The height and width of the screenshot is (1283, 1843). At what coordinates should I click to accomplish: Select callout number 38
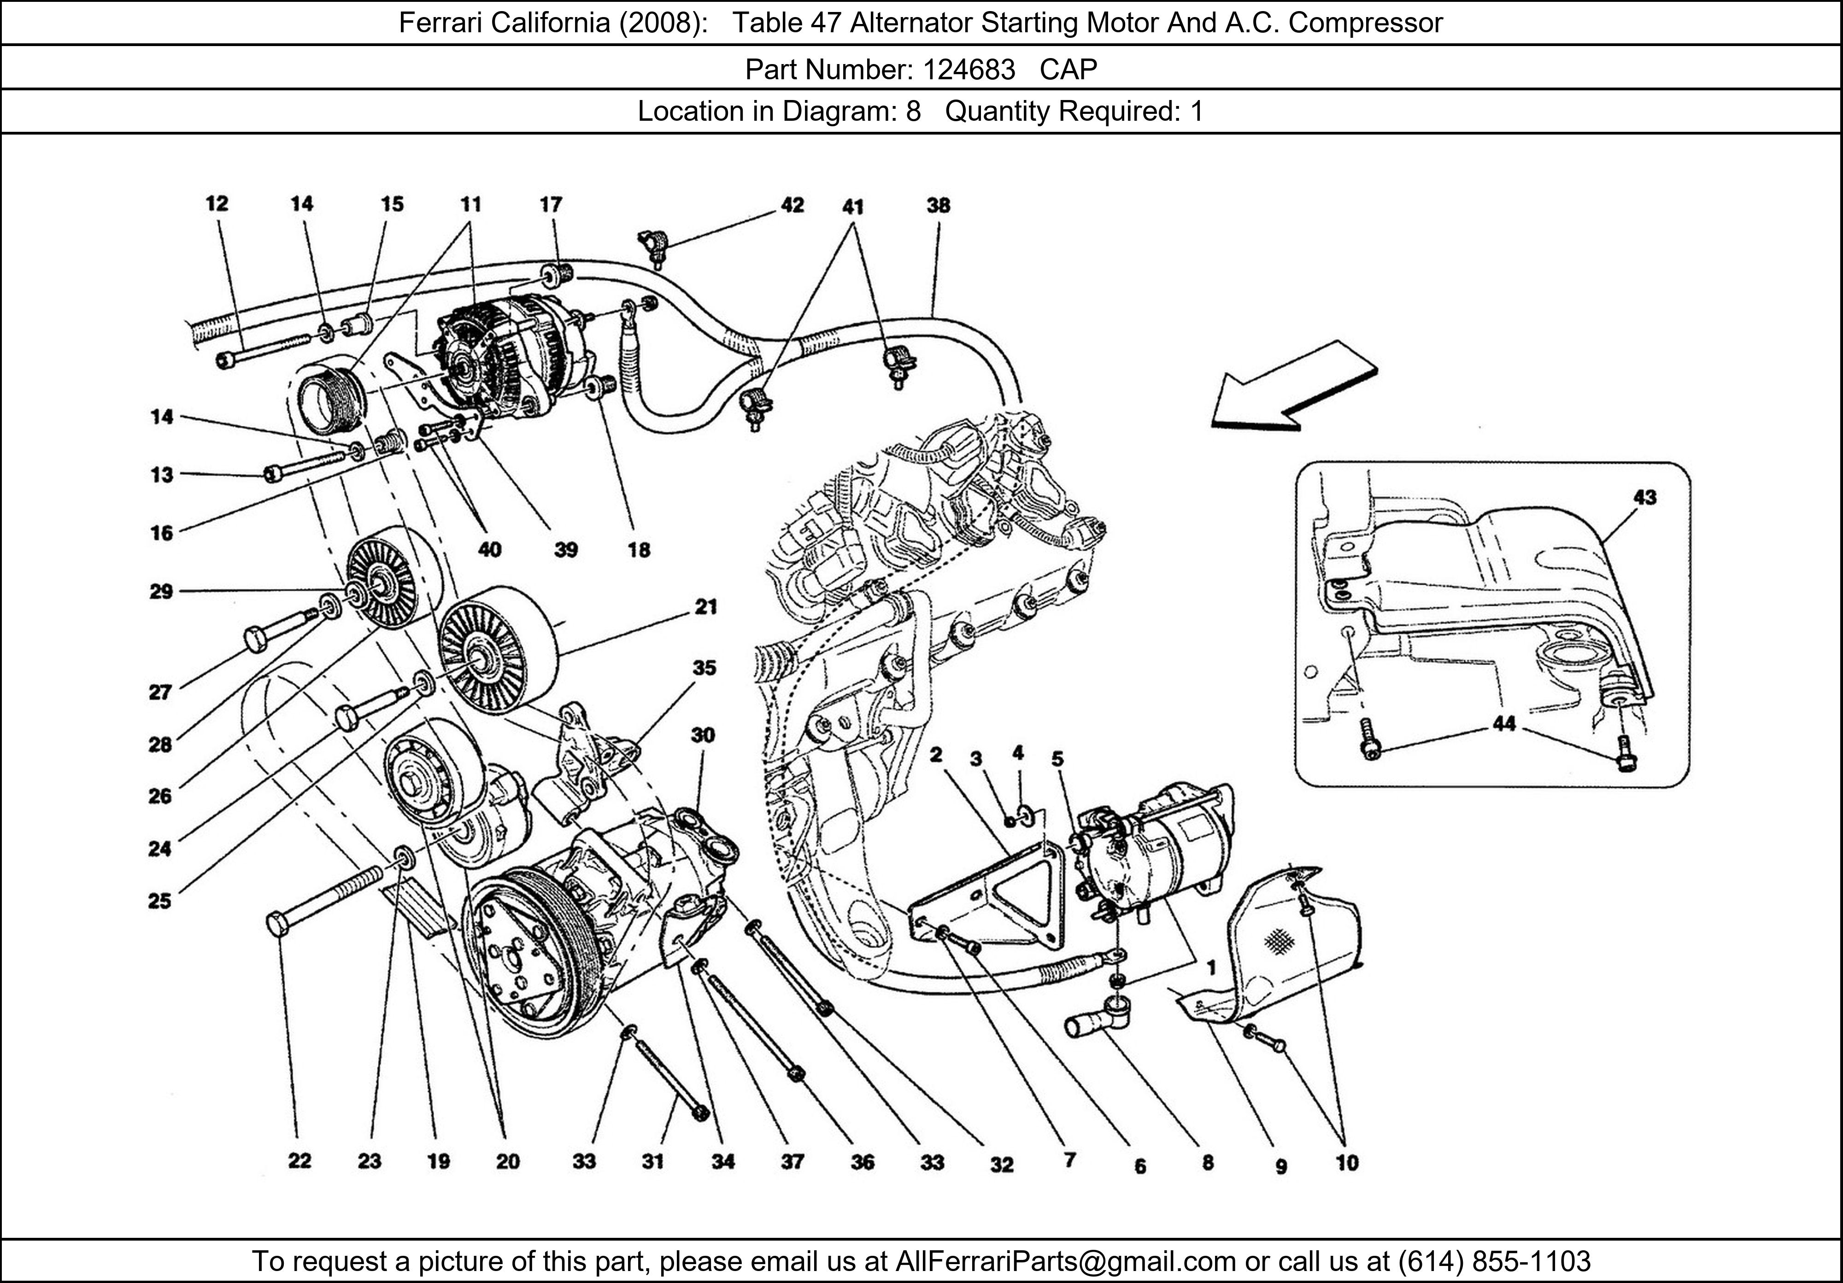point(938,206)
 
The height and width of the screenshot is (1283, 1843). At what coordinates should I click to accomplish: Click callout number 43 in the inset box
point(1644,498)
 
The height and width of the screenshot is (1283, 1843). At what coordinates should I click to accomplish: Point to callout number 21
point(705,607)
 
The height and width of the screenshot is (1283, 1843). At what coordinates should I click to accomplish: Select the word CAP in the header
point(1068,70)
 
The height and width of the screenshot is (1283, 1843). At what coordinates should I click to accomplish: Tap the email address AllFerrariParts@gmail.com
point(1065,1261)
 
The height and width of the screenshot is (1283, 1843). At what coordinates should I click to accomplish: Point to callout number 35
point(704,668)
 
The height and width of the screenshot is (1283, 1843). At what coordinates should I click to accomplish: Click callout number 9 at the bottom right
point(1280,1166)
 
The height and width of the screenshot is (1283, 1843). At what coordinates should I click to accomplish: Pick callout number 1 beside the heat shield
point(1211,968)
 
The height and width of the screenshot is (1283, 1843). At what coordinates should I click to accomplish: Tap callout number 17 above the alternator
point(551,205)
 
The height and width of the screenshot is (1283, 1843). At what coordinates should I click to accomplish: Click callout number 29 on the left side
point(161,592)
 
